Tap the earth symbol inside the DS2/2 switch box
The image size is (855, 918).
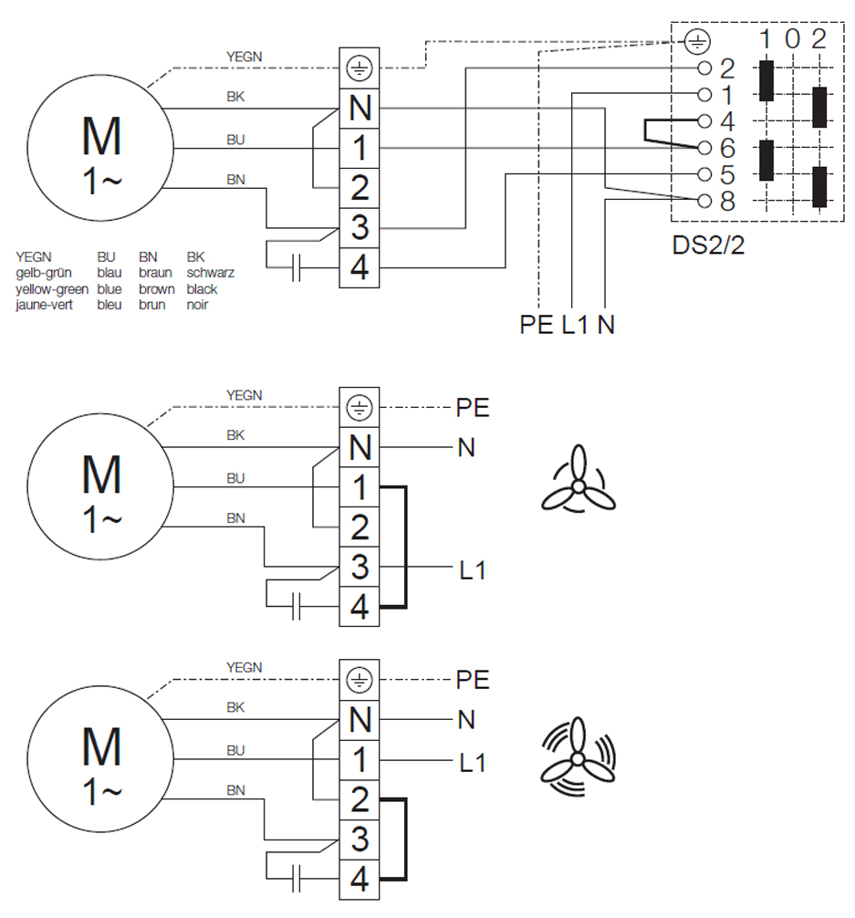(697, 42)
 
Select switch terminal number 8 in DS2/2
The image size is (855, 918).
(726, 201)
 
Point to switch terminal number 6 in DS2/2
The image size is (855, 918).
(726, 148)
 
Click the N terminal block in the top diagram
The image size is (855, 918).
(360, 109)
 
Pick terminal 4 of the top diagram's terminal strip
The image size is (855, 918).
(360, 267)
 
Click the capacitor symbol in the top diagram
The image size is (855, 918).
(297, 267)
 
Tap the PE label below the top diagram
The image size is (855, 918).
(536, 324)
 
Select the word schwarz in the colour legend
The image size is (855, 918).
(210, 272)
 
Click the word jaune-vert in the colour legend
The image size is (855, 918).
(44, 305)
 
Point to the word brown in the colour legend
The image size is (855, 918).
(156, 288)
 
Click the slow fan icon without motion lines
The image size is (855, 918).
(579, 478)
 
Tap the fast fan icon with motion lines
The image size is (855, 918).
(578, 756)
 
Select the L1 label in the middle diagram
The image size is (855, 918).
(472, 569)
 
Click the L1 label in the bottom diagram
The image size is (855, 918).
(472, 763)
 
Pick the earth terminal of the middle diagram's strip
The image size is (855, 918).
(360, 408)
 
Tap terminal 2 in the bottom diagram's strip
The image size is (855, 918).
(360, 799)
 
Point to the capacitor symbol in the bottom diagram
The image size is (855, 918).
(297, 878)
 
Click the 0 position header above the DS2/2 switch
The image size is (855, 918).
(792, 38)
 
